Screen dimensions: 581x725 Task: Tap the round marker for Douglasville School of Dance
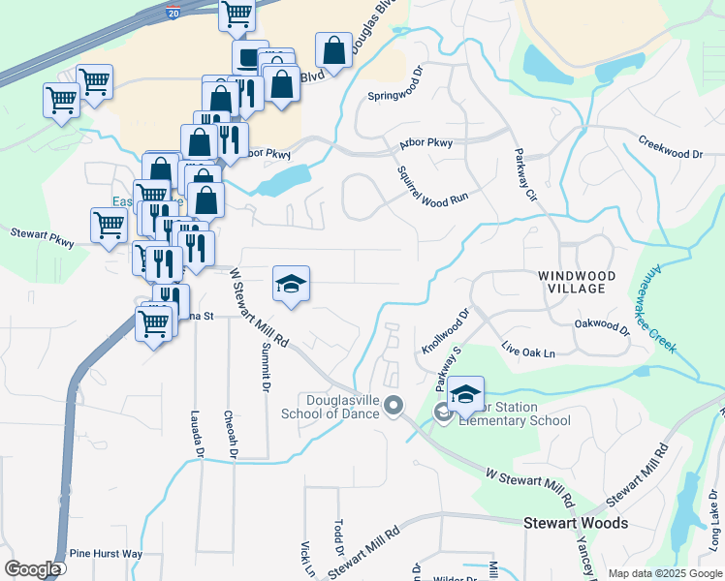click(x=394, y=404)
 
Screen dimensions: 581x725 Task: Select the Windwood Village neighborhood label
click(x=578, y=282)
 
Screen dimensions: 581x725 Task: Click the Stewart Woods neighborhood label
click(x=576, y=523)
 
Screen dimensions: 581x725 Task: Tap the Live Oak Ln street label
click(x=528, y=350)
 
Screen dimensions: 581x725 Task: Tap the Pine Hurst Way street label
click(x=106, y=554)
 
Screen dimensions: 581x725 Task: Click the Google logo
click(x=32, y=569)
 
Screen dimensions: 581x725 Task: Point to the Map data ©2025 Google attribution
click(x=664, y=573)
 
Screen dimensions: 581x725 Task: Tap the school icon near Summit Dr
click(x=291, y=284)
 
